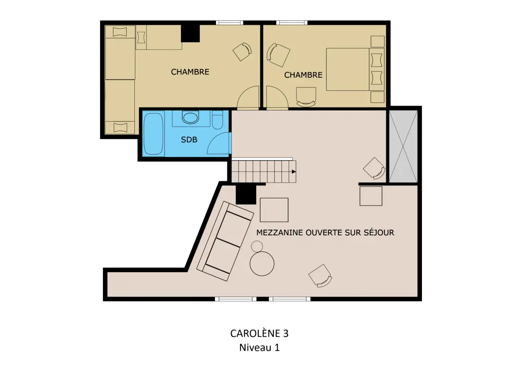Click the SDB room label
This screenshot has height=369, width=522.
pos(189,140)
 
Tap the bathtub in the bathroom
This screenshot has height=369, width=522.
pos(153,134)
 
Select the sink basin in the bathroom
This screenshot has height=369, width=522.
pos(190,118)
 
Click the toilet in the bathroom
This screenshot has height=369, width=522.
pos(217,120)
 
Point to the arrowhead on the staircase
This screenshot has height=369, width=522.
pos(294,172)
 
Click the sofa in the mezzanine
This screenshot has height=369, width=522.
pos(225,241)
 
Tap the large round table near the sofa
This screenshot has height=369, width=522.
pos(262,264)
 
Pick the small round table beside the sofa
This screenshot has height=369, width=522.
pos(257,247)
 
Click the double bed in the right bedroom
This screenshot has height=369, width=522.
pos(355,69)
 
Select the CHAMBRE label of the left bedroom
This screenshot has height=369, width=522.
pos(190,72)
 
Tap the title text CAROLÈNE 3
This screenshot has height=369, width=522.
pos(259,333)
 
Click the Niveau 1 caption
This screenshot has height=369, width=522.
pos(259,348)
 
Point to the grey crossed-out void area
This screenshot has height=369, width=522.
pos(403,147)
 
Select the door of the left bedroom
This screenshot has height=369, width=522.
pos(248,97)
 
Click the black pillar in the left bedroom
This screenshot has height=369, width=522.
pos(190,33)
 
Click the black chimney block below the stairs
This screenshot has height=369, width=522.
pos(246,194)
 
